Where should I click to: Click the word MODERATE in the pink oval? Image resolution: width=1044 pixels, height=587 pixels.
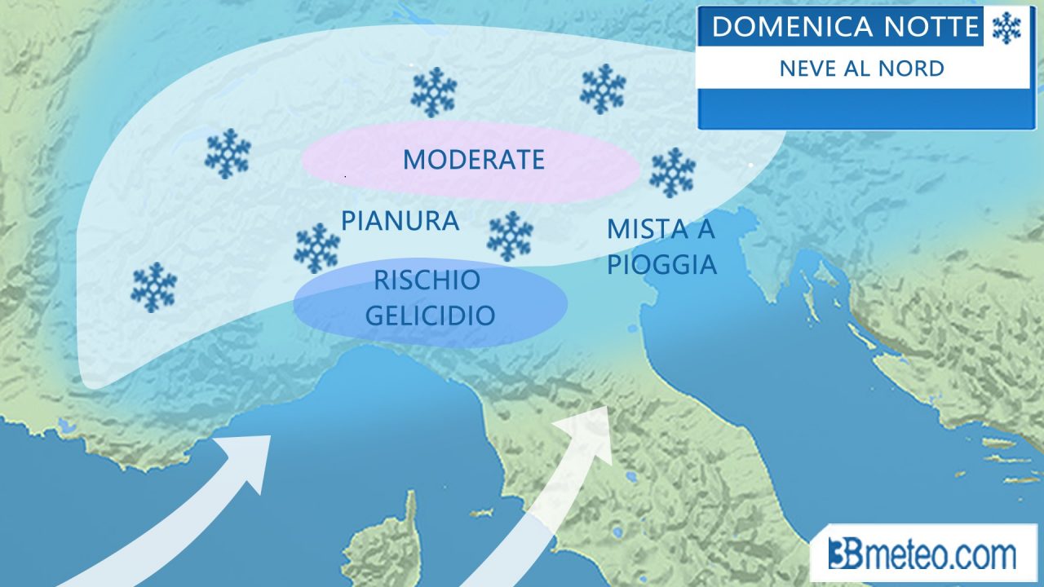473,159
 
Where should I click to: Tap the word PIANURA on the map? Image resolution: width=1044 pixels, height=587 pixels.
400,221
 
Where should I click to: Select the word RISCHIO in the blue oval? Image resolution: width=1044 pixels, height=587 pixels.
427,280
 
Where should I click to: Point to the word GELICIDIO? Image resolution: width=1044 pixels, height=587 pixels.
430,316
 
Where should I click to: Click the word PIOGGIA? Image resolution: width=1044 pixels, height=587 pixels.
661,265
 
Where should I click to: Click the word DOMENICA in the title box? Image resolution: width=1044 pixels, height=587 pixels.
779,27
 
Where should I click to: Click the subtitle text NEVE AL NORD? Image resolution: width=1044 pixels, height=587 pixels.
861,68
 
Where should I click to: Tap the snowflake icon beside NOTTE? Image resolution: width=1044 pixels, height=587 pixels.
1006,28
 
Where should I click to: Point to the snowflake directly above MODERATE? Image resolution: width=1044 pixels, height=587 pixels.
433,91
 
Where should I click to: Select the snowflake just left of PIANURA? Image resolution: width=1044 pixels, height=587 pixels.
316,248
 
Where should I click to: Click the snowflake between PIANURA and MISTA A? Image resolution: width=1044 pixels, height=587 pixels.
510,236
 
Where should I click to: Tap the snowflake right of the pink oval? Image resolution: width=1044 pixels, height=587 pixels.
672,172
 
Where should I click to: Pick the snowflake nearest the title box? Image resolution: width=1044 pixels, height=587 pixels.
603,89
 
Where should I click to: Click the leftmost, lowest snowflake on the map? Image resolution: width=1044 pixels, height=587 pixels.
153,287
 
